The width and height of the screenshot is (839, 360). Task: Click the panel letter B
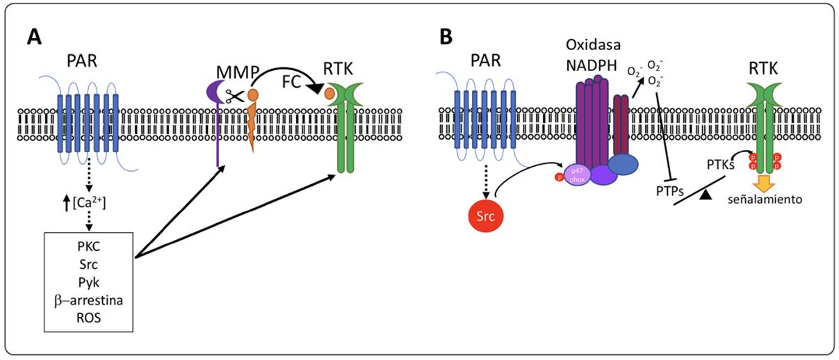pyautogui.click(x=447, y=36)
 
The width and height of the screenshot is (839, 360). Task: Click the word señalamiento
pyautogui.click(x=765, y=199)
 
